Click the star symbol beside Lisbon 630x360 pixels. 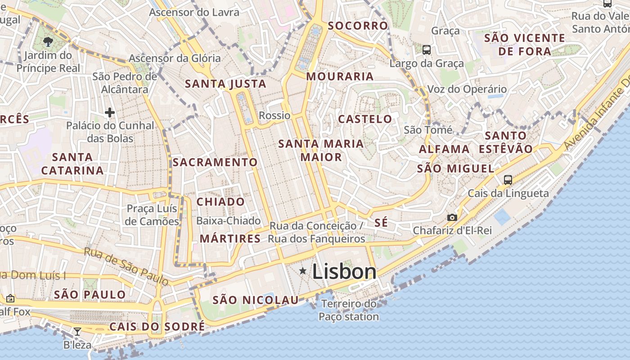pyautogui.click(x=303, y=271)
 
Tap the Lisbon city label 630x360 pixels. pyautogui.click(x=344, y=272)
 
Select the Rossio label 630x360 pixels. pyautogui.click(x=274, y=116)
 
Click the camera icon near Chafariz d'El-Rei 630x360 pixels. pyautogui.click(x=452, y=218)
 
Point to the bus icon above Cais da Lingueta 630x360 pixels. pyautogui.click(x=508, y=180)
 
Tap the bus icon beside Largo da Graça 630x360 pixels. pyautogui.click(x=427, y=50)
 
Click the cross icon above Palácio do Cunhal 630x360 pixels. pyautogui.click(x=110, y=112)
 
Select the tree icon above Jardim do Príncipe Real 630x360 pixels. pyautogui.click(x=48, y=42)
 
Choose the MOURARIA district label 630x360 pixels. pyautogui.click(x=340, y=76)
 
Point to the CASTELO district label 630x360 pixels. pyautogui.click(x=365, y=119)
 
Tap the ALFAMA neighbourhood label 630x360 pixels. pyautogui.click(x=444, y=149)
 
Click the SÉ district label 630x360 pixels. pyautogui.click(x=381, y=223)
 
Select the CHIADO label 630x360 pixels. pyautogui.click(x=220, y=202)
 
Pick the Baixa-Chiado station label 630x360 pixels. pyautogui.click(x=229, y=221)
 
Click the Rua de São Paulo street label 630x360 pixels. pyautogui.click(x=126, y=266)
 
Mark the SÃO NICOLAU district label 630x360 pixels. pyautogui.click(x=255, y=300)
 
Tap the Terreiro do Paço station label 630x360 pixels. pyautogui.click(x=349, y=310)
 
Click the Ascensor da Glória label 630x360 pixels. pyautogui.click(x=175, y=58)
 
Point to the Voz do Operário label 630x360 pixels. pyautogui.click(x=467, y=90)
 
